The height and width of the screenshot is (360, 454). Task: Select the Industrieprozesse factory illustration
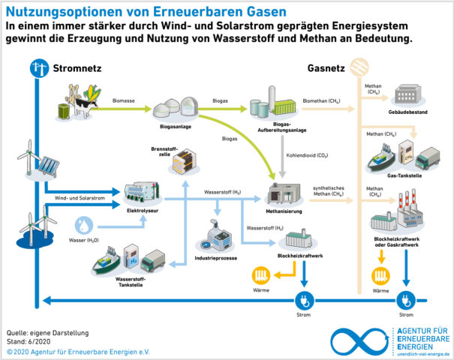point(215,238)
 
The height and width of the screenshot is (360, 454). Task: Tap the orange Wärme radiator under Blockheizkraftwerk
point(264,274)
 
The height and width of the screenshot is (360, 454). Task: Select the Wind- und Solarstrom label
point(77,197)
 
